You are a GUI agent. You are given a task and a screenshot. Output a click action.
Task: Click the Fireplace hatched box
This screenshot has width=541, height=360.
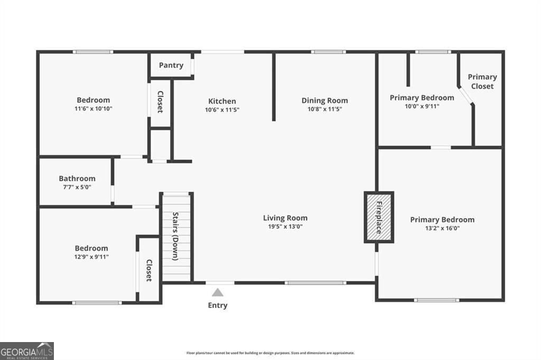point(379,217)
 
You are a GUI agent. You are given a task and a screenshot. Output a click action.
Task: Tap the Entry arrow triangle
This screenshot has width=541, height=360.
point(218,292)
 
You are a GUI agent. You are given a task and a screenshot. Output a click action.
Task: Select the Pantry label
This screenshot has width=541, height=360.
point(171,65)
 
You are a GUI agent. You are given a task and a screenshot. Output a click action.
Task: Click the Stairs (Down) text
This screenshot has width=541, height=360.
point(175,236)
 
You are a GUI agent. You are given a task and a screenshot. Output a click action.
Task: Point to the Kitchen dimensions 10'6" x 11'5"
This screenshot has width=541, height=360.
point(222,110)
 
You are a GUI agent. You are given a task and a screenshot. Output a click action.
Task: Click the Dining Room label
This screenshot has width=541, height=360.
point(324,100)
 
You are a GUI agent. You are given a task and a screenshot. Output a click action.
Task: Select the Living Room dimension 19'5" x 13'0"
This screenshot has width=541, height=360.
point(285,227)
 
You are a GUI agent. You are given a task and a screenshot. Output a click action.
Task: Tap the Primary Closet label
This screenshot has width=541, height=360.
point(482,81)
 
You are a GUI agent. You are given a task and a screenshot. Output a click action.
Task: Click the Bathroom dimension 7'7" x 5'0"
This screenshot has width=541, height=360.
point(77,187)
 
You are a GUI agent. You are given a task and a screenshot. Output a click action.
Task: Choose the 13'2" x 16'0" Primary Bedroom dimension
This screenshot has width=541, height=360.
point(442,229)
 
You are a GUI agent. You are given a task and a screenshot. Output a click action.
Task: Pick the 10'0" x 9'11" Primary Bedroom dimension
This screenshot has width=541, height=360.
point(422,106)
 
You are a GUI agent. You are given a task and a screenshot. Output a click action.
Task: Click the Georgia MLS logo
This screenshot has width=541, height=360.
point(26,351)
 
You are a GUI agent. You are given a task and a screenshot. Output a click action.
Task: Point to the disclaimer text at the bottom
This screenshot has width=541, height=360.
point(270,353)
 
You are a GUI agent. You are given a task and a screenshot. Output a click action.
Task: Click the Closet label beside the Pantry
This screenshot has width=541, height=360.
point(160,102)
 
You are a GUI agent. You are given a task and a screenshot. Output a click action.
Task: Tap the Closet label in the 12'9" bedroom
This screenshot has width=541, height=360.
point(149,270)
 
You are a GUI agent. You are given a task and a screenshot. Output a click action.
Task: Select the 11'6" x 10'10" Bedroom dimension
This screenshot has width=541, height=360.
point(94,109)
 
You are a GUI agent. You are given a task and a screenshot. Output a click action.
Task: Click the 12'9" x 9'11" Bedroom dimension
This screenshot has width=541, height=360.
point(91,257)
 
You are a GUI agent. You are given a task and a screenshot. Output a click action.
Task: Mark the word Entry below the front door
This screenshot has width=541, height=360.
point(218,305)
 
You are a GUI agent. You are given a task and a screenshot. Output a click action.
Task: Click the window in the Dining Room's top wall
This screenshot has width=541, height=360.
point(328,52)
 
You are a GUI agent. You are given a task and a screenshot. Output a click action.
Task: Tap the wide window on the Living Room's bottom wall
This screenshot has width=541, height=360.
point(315,283)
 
